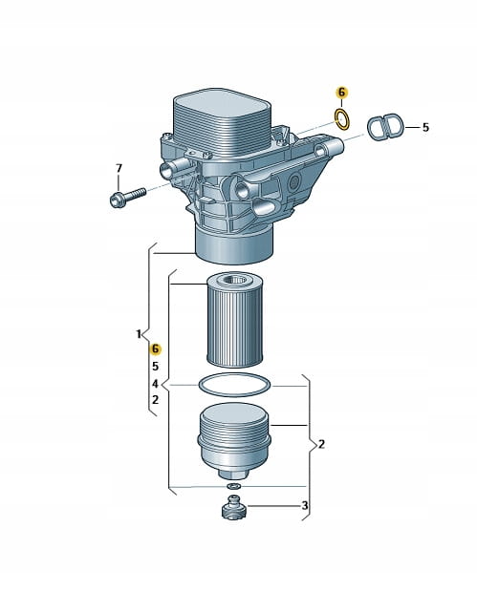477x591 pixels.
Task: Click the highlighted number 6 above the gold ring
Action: click(x=342, y=93)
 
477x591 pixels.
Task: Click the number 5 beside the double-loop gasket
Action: click(x=425, y=127)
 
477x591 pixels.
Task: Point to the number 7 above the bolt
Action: click(x=119, y=168)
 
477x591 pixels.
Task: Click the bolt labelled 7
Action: click(x=127, y=197)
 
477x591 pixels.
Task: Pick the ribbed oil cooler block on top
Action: click(x=223, y=120)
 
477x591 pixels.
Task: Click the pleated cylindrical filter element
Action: click(x=234, y=320)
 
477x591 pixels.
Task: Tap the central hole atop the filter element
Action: click(x=234, y=281)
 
